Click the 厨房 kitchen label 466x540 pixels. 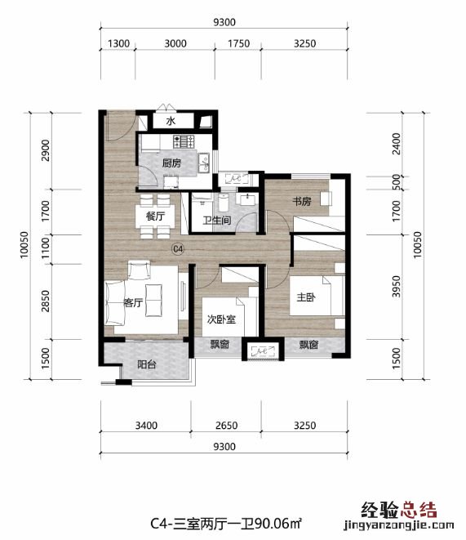(171, 163)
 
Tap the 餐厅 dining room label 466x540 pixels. (155, 216)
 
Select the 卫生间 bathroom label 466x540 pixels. (216, 220)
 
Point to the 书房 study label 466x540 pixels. (302, 201)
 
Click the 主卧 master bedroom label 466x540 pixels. (306, 297)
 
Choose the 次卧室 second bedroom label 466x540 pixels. (221, 319)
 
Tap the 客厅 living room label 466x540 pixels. (133, 303)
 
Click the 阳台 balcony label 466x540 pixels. (147, 364)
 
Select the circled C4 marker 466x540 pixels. (178, 248)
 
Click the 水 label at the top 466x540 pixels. (171, 121)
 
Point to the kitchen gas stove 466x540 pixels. (184, 141)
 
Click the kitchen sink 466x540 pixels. (203, 163)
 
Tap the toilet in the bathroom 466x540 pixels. (223, 203)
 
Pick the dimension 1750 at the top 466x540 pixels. (238, 43)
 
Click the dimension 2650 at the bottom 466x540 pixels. (226, 426)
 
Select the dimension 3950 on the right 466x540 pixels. (397, 287)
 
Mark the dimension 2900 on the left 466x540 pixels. (45, 150)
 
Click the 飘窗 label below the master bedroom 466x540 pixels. (308, 345)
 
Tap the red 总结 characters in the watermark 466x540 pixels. (419, 511)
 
